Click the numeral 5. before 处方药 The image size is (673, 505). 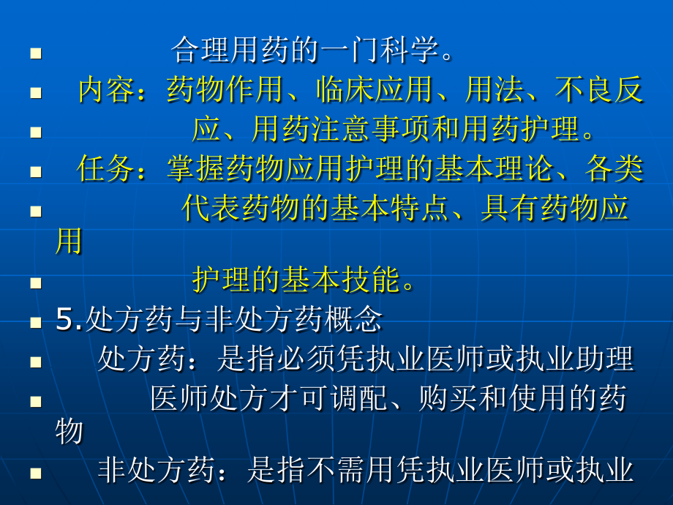coord(69,319)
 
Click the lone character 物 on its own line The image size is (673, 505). coord(69,431)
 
